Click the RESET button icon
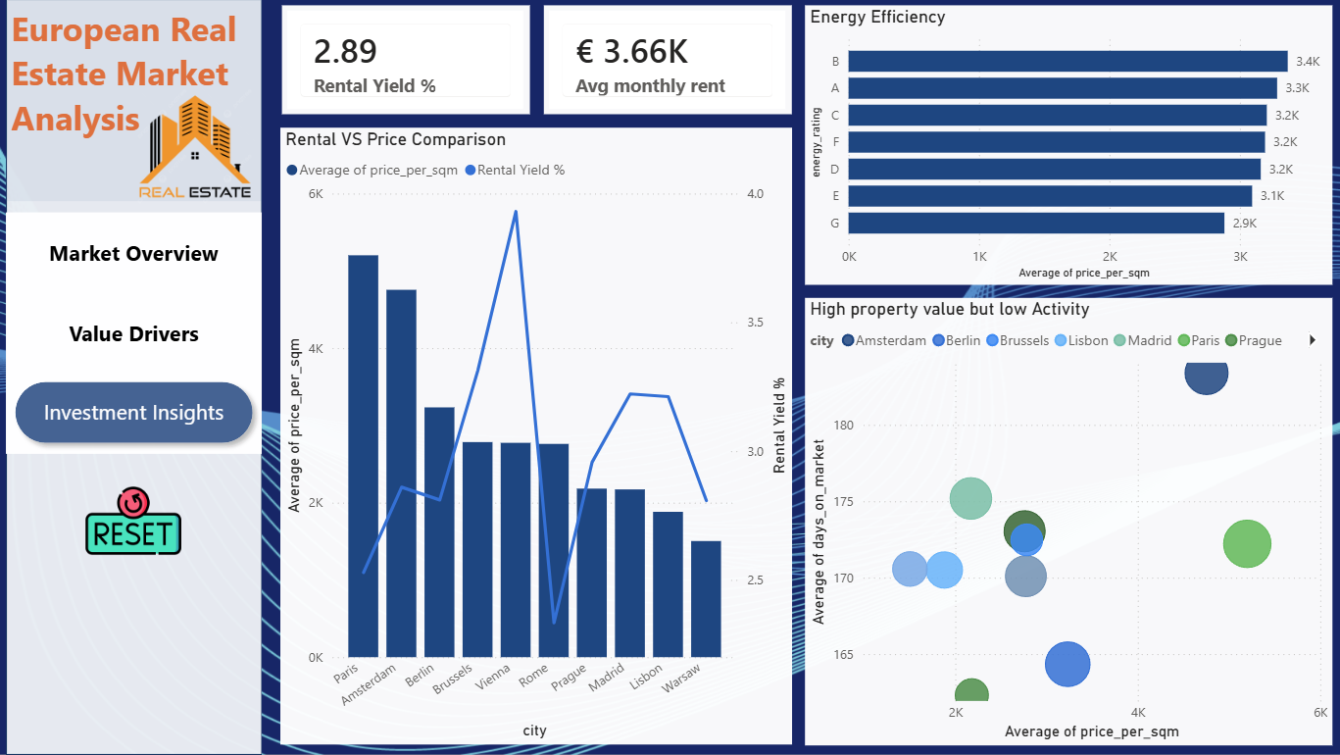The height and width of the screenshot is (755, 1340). [132, 521]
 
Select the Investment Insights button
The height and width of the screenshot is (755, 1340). [133, 412]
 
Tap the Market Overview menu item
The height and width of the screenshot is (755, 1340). [133, 254]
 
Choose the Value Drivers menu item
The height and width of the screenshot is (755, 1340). [133, 333]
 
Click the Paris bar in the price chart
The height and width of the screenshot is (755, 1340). [363, 456]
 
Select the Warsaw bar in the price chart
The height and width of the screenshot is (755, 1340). [706, 599]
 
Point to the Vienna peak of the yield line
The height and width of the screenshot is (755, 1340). [516, 211]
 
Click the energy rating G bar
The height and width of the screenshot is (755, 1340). [1036, 224]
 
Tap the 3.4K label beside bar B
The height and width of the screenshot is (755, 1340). [1308, 61]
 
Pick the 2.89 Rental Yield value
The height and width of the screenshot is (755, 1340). [345, 51]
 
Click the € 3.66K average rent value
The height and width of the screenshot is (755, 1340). [631, 51]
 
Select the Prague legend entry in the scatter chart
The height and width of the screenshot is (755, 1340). [1254, 340]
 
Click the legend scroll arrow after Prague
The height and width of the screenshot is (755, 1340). [1312, 340]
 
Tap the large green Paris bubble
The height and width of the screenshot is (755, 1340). [1247, 543]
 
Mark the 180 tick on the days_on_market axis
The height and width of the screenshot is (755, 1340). [843, 426]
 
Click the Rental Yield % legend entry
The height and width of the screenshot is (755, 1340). [515, 170]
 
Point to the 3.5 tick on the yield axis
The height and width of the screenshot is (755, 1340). [755, 323]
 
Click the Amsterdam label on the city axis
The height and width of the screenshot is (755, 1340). [369, 684]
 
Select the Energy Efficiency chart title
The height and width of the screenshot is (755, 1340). [877, 17]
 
